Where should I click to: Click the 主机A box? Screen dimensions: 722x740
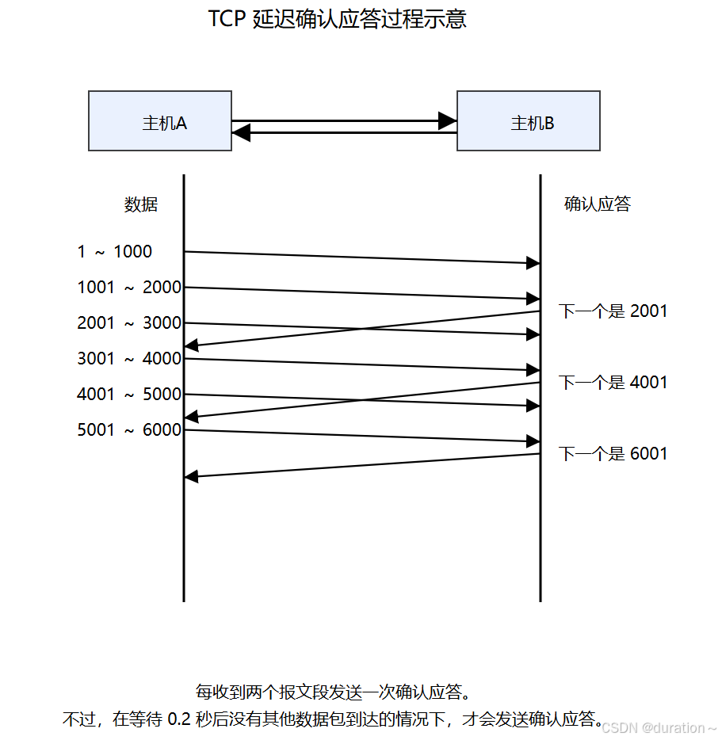pos(160,120)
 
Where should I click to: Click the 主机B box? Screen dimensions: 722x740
pos(529,120)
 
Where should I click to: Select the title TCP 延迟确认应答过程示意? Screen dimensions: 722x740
pos(337,19)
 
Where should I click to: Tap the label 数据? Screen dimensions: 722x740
pos(141,204)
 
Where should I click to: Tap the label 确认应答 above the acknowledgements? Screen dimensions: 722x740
pos(598,204)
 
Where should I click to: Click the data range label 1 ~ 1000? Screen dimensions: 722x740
pos(115,252)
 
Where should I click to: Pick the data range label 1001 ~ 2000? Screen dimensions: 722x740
pos(129,288)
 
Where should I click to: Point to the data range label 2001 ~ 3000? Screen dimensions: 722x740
pos(129,323)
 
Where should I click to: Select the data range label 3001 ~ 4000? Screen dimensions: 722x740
pos(129,359)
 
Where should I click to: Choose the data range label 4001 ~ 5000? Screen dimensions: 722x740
pos(129,395)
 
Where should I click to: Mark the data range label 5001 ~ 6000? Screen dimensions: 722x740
pos(129,430)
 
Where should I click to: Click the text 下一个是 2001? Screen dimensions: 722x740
pos(613,311)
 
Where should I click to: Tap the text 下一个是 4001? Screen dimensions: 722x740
pos(613,383)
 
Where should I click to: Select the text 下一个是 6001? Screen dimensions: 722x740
pos(613,454)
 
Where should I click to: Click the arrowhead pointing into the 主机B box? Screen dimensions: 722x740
pos(448,120)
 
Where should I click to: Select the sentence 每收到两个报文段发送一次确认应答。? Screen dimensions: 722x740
pos(334,692)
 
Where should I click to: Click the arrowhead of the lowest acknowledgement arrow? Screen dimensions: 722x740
pos(191,476)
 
